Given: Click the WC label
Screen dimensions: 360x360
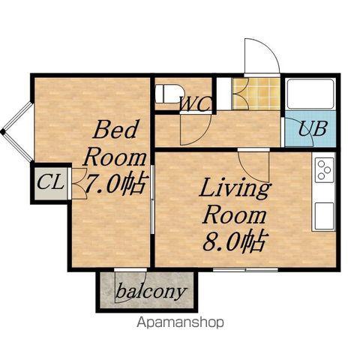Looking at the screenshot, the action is [x=196, y=103].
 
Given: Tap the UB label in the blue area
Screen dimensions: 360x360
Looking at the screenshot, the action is [x=313, y=128].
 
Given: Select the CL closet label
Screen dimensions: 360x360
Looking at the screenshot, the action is [x=49, y=181].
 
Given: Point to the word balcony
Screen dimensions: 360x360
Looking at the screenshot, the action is [x=151, y=292].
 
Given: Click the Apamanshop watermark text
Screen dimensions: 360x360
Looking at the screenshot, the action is [x=180, y=322].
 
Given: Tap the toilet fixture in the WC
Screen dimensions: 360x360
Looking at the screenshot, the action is [x=169, y=94].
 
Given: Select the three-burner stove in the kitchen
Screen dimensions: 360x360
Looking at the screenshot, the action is [x=324, y=169].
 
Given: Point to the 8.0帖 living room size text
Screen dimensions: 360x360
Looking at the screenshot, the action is [x=234, y=241].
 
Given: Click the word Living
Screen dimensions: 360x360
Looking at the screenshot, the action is [x=235, y=189].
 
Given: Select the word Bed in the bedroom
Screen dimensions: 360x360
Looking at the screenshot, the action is [x=115, y=129].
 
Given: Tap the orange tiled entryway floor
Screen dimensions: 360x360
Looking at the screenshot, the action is [x=256, y=94].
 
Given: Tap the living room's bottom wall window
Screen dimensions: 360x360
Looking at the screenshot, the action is [x=245, y=269].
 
